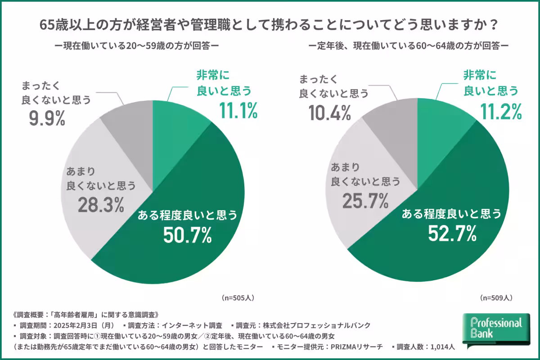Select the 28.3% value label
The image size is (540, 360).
(x=100, y=204)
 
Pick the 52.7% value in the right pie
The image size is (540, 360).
(x=451, y=234)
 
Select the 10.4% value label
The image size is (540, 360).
(x=329, y=112)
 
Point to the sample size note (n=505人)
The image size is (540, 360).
(x=238, y=298)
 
